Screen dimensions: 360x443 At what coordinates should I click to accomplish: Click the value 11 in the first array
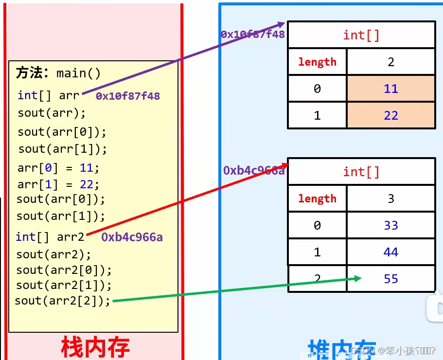pyautogui.click(x=390, y=89)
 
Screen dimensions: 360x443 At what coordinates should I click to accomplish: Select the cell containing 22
pyautogui.click(x=390, y=115)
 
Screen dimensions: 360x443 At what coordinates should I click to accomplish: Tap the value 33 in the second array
pyautogui.click(x=390, y=225)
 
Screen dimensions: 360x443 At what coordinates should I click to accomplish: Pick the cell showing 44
pyautogui.click(x=390, y=252)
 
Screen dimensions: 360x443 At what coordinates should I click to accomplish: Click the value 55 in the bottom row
pyautogui.click(x=390, y=279)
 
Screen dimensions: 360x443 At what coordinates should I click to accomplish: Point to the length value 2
pyautogui.click(x=390, y=62)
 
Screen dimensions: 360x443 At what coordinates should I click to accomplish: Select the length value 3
pyautogui.click(x=390, y=198)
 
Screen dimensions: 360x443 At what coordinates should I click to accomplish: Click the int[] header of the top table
pyautogui.click(x=361, y=35)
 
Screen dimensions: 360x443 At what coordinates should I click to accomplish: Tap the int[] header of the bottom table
pyautogui.click(x=361, y=171)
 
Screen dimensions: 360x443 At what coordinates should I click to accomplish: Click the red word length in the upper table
pyautogui.click(x=317, y=62)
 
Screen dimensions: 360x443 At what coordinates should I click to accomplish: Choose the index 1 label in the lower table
pyautogui.click(x=317, y=252)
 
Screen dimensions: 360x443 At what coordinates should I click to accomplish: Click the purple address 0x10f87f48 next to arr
pyautogui.click(x=128, y=96)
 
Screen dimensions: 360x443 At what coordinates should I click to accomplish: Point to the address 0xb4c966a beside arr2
pyautogui.click(x=132, y=237)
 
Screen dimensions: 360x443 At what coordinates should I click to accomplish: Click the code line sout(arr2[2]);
pyautogui.click(x=63, y=301)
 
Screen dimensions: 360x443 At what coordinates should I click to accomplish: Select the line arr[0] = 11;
pyautogui.click(x=58, y=168)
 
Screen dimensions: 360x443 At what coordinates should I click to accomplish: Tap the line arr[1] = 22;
pyautogui.click(x=58, y=185)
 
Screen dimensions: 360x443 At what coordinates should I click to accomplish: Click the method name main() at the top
pyautogui.click(x=78, y=73)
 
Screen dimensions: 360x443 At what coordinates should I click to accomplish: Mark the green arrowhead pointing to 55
pyautogui.click(x=358, y=278)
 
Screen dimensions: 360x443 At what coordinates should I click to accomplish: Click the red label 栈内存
pyautogui.click(x=95, y=347)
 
